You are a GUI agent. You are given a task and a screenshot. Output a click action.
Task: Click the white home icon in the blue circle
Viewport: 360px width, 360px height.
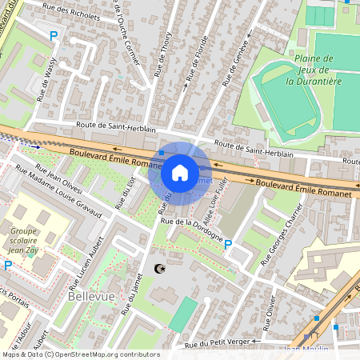(x=180, y=173)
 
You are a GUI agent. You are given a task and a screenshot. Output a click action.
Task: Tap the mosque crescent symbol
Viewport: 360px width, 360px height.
(x=157, y=269)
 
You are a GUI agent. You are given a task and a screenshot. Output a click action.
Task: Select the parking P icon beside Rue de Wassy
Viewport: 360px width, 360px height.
(x=54, y=36)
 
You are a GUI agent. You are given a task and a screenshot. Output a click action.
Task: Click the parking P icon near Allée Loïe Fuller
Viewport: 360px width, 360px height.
(x=228, y=245)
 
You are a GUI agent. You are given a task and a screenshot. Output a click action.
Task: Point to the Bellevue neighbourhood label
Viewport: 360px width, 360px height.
(x=90, y=296)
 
